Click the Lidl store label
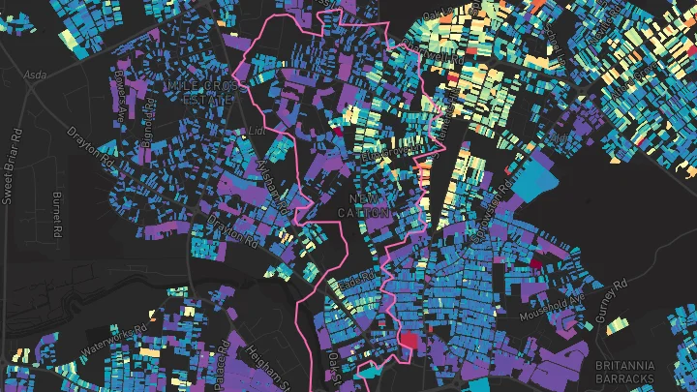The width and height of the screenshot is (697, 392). (x=256, y=129)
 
